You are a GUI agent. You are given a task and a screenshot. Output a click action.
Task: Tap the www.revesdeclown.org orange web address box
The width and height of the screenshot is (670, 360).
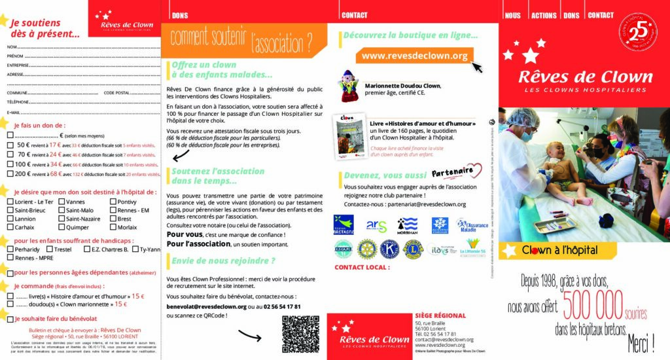click(x=414, y=56)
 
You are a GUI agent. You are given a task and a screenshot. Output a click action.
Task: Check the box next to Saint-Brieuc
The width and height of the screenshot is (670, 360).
click(x=10, y=210)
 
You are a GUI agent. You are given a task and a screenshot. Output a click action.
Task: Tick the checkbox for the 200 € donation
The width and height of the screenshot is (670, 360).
click(x=10, y=174)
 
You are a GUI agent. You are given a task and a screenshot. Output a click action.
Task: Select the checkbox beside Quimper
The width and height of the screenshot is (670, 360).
click(x=61, y=227)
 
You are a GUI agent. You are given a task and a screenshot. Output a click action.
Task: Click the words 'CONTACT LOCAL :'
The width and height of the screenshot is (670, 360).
click(x=362, y=267)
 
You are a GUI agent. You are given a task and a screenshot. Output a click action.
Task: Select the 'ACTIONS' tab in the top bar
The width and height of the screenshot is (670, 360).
click(x=544, y=15)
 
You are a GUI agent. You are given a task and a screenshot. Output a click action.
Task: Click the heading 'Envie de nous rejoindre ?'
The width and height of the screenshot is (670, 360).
click(x=223, y=261)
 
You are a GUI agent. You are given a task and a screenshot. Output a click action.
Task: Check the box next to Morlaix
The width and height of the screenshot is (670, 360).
click(x=113, y=227)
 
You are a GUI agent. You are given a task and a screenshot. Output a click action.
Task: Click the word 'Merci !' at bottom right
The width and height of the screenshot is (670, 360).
click(x=642, y=342)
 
